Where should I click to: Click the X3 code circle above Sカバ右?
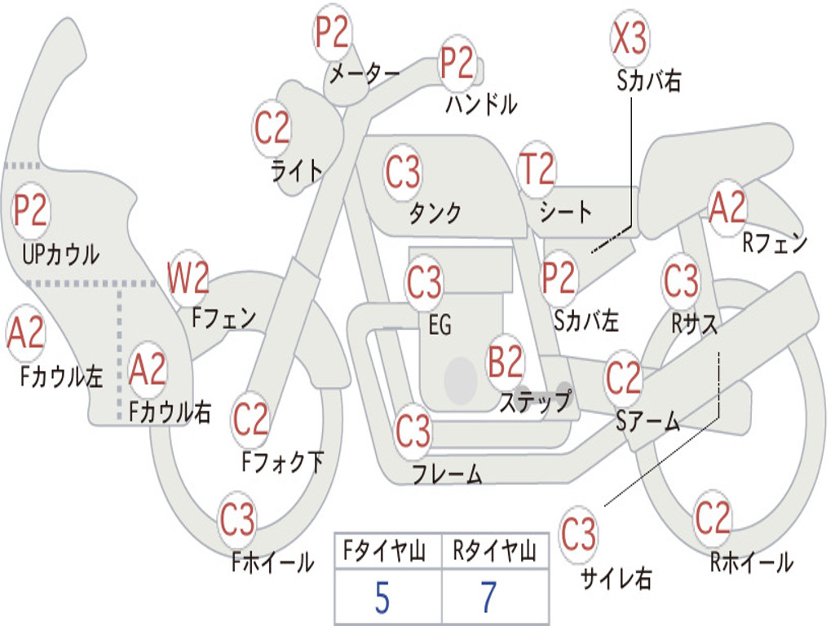630,38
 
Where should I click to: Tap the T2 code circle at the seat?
537,168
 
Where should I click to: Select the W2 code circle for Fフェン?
188,277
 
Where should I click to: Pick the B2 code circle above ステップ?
506,361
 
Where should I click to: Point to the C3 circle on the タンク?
403,172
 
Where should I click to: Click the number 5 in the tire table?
382,597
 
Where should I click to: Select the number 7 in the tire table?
489,597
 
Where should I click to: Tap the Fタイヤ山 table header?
384,550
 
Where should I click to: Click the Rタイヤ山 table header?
494,550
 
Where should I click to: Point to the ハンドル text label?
481,104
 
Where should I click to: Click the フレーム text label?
448,474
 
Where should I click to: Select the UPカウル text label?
60,254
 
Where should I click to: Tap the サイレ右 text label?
616,578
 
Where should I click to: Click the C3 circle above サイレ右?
578,532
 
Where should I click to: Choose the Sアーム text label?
648,421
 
